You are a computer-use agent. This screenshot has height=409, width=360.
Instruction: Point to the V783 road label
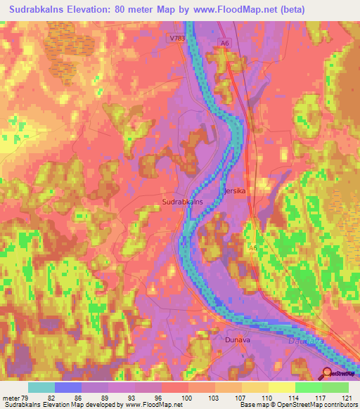(x=176, y=38)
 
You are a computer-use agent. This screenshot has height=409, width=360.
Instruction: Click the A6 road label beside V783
(x=224, y=44)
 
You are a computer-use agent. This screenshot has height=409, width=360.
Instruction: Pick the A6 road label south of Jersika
(x=253, y=248)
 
